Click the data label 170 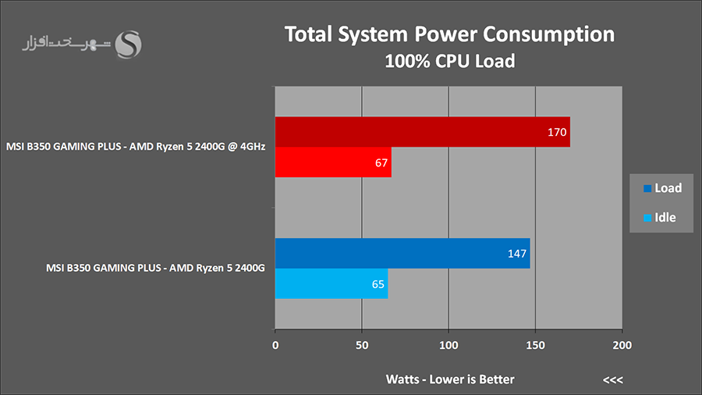[557, 133]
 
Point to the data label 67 [381, 163]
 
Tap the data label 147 [517, 254]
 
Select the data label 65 [378, 284]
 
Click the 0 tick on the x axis [275, 344]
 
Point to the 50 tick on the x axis [362, 344]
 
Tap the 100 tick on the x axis [448, 344]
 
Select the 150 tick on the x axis [535, 344]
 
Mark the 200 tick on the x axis [622, 344]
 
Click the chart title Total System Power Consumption [449, 35]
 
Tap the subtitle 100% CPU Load [449, 61]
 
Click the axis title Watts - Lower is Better [450, 379]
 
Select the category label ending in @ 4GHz [136, 147]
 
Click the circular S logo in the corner [128, 44]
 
